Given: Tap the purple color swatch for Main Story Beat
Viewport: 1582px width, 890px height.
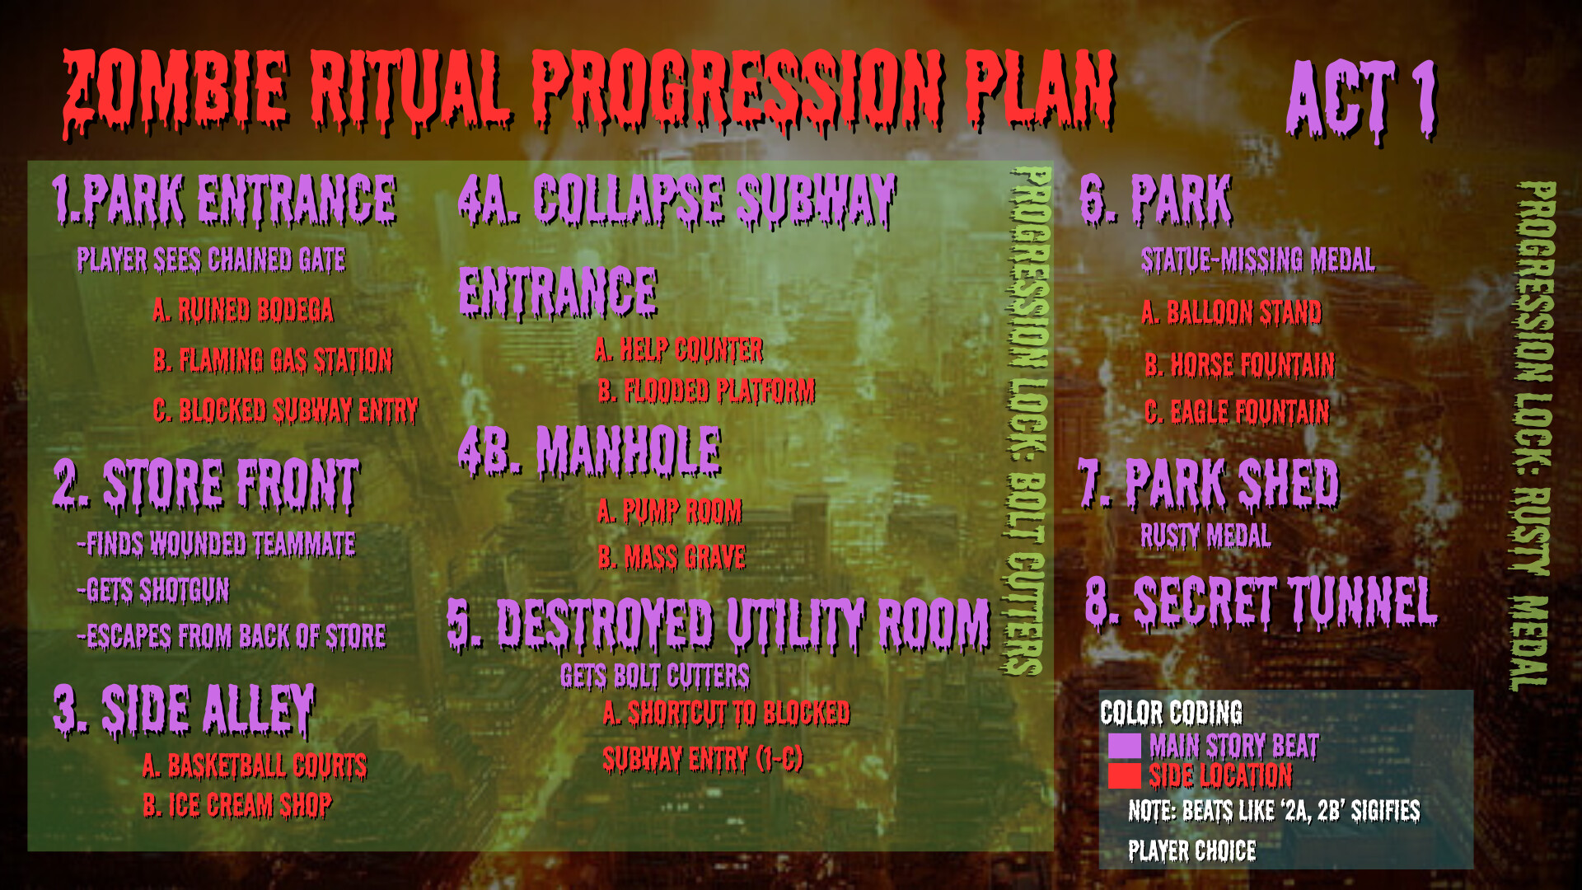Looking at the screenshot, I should click(x=1124, y=745).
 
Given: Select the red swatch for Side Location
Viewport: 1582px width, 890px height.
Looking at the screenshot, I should click(x=1124, y=775).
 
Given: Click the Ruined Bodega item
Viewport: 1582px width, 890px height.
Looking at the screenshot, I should click(x=243, y=310).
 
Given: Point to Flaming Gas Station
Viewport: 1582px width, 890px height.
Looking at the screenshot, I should click(x=273, y=360).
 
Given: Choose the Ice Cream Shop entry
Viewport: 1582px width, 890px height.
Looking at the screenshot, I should click(x=237, y=804).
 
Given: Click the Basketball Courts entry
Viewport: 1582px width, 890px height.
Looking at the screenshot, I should click(x=255, y=765).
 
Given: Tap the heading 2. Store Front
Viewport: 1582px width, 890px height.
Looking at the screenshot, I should click(x=206, y=484).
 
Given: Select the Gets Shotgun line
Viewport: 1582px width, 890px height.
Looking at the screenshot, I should click(x=153, y=590).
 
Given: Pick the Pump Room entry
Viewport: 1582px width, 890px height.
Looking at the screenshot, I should click(x=669, y=511).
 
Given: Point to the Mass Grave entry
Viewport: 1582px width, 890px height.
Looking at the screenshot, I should click(x=672, y=558).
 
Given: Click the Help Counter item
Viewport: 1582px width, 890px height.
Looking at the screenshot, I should click(x=679, y=349).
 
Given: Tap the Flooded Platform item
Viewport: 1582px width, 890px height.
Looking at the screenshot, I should click(x=706, y=391).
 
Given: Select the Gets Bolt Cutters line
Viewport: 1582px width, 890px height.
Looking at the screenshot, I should click(x=654, y=676).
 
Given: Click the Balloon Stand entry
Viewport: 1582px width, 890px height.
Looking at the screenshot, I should click(x=1231, y=312).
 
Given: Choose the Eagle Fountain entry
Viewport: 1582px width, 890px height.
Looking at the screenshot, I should click(x=1237, y=411).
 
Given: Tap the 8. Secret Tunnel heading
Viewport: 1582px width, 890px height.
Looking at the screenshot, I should click(x=1261, y=602).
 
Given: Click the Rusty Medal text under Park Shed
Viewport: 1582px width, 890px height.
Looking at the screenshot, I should click(x=1205, y=536).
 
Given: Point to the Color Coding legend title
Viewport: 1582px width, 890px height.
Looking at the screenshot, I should click(x=1171, y=712).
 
